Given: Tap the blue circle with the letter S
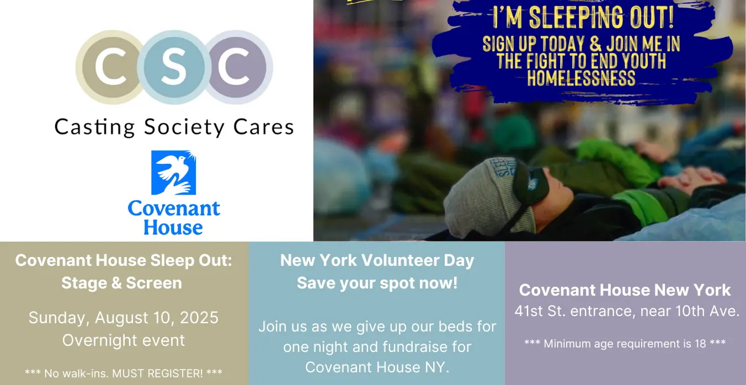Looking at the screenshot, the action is coord(174,67).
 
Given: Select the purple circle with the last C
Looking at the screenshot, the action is coord(237,67).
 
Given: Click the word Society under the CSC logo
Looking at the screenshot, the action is coord(184,127).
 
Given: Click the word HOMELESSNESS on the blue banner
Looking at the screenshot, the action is coord(581,78).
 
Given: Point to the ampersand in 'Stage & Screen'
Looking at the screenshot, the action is coord(116,283).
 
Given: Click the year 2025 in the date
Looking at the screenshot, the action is coord(199,317).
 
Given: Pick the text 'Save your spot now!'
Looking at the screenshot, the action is coord(377,284).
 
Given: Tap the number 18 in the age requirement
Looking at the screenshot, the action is coord(700,344).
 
